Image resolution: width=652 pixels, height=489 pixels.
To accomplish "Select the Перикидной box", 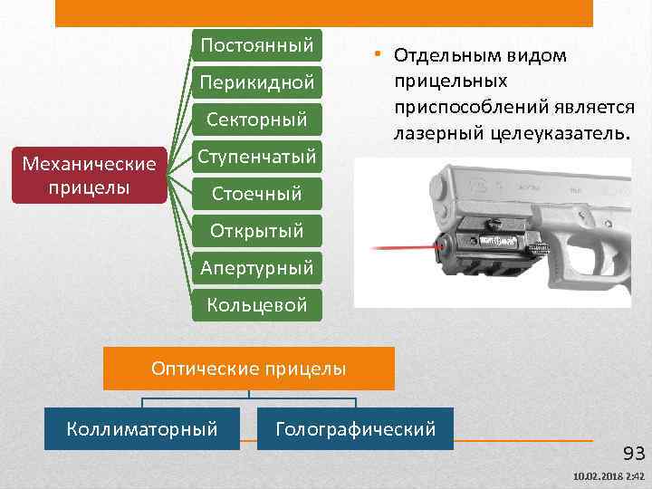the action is point(258,82).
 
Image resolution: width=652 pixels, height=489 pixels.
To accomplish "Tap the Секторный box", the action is point(258,120).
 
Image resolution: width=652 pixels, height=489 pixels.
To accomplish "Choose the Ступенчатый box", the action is point(258,156).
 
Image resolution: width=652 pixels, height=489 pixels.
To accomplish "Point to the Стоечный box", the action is point(258,193).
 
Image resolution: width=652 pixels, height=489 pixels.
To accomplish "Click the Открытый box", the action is point(258,230).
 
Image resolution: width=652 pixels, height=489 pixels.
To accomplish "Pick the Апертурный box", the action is point(258,267).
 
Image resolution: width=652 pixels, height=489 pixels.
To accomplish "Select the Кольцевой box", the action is point(258,304).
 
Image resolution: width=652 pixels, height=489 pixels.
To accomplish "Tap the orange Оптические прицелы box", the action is point(249,369).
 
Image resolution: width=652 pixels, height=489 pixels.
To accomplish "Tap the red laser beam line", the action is point(398,245).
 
